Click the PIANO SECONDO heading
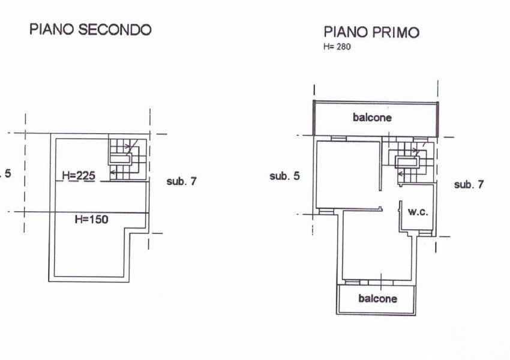(x=91, y=29)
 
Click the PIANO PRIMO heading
(x=371, y=32)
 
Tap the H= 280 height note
(x=337, y=47)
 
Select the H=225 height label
(x=79, y=176)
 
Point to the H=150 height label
(x=91, y=220)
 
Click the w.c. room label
(x=418, y=212)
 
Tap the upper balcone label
(x=372, y=118)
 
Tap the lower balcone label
(x=377, y=299)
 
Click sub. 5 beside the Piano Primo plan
(x=284, y=176)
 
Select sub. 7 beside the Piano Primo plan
(x=469, y=185)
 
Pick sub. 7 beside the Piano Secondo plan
(x=181, y=181)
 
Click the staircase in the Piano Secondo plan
(x=127, y=160)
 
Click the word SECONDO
(x=115, y=29)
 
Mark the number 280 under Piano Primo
(x=343, y=47)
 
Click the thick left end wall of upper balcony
(x=314, y=118)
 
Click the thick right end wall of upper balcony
(x=437, y=119)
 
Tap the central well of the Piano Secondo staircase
(x=121, y=159)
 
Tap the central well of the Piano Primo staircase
(x=407, y=161)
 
